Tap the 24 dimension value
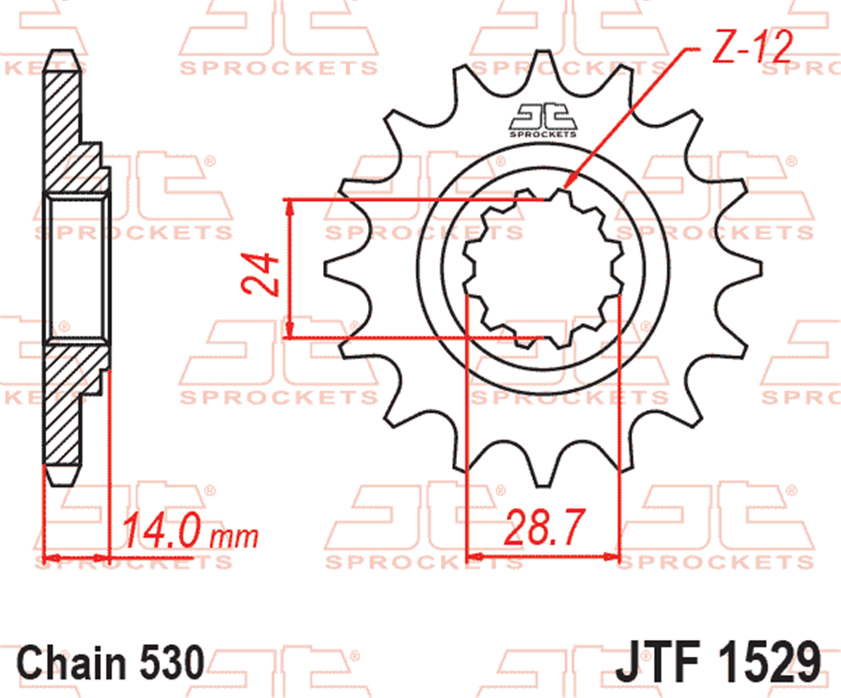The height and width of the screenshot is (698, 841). point(261,274)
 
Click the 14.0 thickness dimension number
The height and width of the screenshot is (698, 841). point(162,530)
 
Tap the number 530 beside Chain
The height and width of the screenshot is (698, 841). point(173,662)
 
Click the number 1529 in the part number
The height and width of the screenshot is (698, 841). point(769,662)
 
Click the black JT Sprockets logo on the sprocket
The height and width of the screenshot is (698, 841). point(543,120)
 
